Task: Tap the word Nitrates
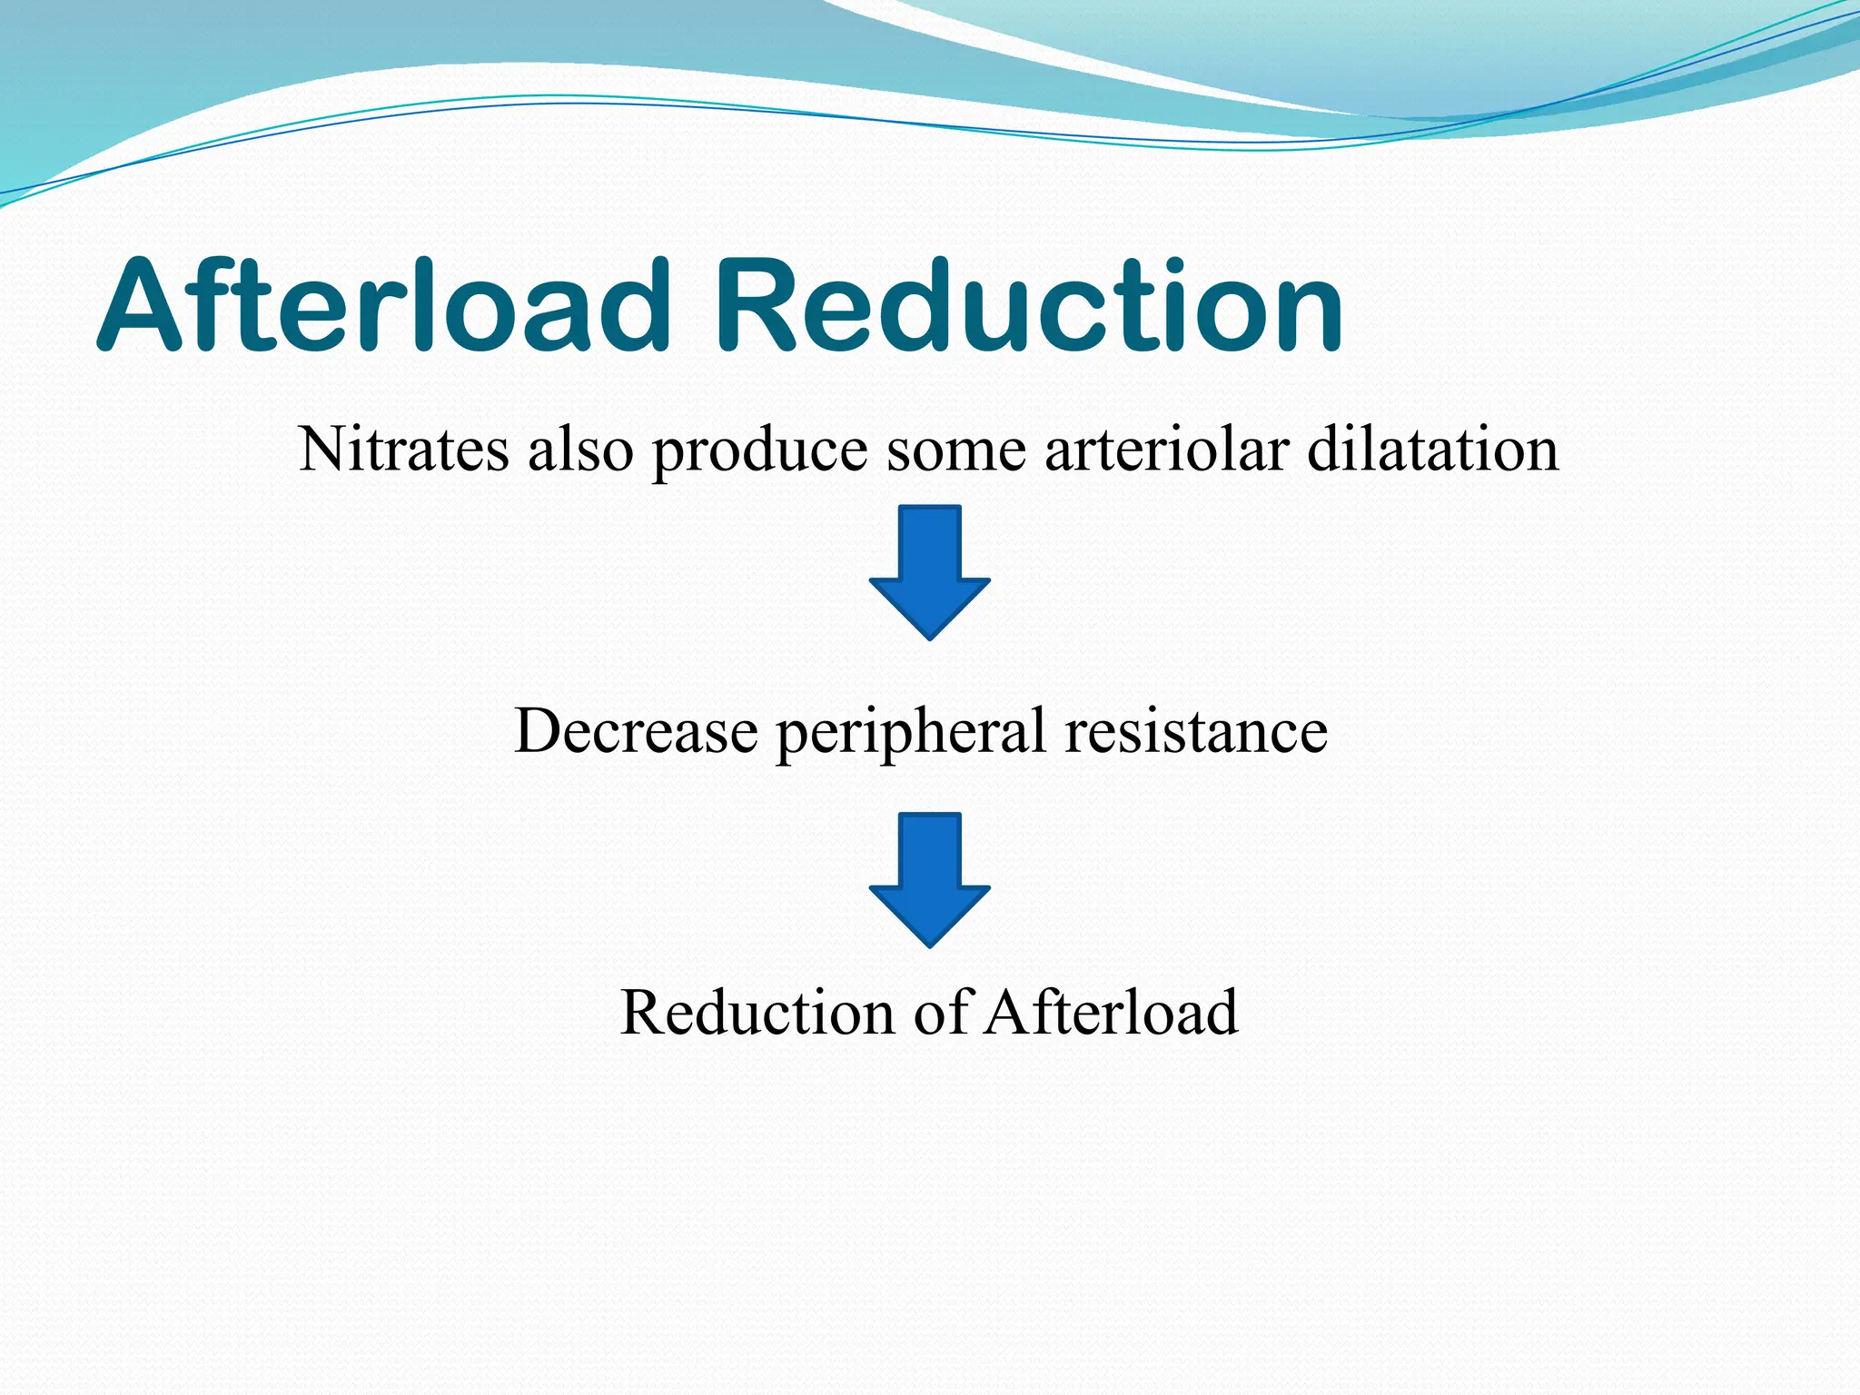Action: click(x=403, y=450)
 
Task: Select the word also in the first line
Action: click(x=580, y=450)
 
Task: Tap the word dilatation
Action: click(x=1432, y=450)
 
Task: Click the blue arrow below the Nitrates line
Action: click(x=929, y=572)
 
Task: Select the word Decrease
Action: click(x=636, y=731)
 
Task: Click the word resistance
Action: click(x=1196, y=731)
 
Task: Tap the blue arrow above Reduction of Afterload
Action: click(x=929, y=879)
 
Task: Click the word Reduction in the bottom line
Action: click(x=757, y=1013)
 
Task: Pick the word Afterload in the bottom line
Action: click(x=1112, y=1013)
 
